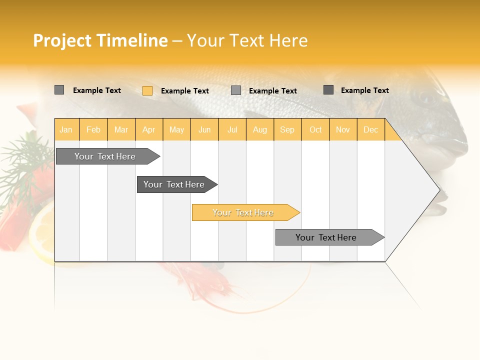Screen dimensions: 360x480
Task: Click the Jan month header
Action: pyautogui.click(x=66, y=129)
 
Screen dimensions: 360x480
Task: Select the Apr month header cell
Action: pyautogui.click(x=148, y=129)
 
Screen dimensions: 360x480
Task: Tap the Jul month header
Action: pyautogui.click(x=232, y=129)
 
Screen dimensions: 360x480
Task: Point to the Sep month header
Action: pyautogui.click(x=287, y=129)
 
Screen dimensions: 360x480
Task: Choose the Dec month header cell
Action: pyautogui.click(x=370, y=129)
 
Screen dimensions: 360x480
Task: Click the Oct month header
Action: pyautogui.click(x=315, y=129)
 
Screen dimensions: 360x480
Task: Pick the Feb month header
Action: pyautogui.click(x=93, y=129)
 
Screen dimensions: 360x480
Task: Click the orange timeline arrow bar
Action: pyautogui.click(x=245, y=212)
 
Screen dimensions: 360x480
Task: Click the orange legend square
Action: pyautogui.click(x=147, y=90)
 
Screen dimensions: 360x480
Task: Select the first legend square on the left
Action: pyautogui.click(x=59, y=90)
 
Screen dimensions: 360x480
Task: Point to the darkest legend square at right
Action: pyautogui.click(x=328, y=90)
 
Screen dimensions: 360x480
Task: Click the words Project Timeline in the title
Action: pyautogui.click(x=100, y=40)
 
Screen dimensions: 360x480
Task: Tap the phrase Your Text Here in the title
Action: pyautogui.click(x=247, y=40)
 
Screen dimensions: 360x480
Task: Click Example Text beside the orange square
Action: pyautogui.click(x=184, y=90)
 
